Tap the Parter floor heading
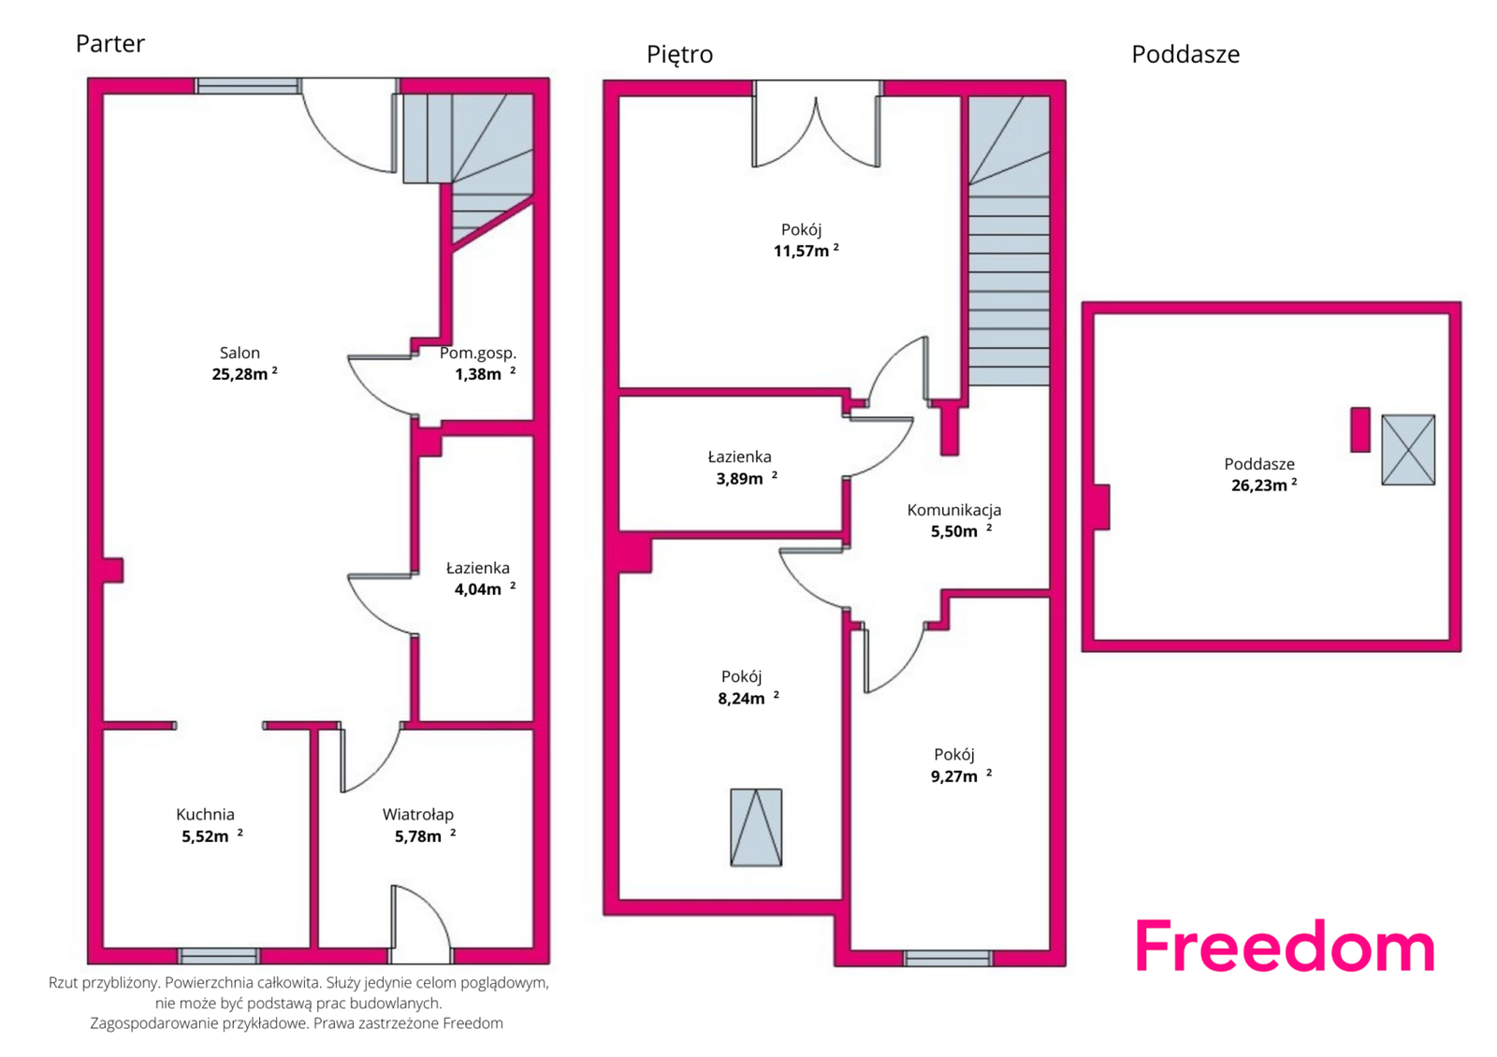[110, 43]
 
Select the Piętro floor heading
[679, 54]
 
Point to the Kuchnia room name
[205, 814]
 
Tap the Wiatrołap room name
[417, 815]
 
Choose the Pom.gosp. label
[478, 353]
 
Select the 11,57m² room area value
[806, 251]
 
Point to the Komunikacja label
[953, 510]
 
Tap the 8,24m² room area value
[748, 698]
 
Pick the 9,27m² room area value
[961, 775]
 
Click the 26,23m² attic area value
[1264, 485]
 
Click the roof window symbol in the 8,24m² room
[756, 827]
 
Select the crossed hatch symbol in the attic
[1408, 450]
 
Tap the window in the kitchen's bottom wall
[219, 955]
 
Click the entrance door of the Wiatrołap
[420, 925]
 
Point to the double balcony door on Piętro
[816, 124]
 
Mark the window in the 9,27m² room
[948, 958]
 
